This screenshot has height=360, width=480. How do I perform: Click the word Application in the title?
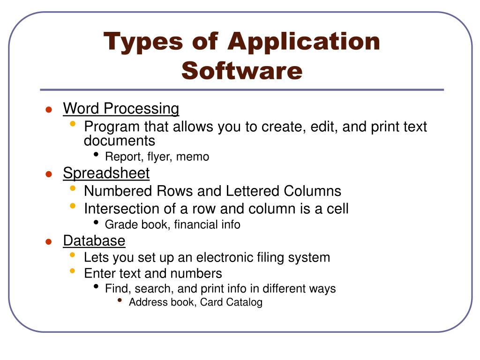coord(304,42)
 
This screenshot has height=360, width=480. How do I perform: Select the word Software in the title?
coord(242,71)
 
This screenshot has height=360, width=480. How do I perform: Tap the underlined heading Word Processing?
coord(121,109)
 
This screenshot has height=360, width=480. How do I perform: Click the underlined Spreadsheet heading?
coord(106,173)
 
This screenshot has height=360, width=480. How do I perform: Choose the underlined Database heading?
coord(94,241)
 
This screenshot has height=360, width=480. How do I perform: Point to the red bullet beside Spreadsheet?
coord(48,174)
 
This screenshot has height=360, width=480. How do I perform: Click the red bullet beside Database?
coord(48,242)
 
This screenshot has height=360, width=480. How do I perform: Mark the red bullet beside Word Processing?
coord(48,110)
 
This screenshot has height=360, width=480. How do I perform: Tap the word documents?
coord(119,141)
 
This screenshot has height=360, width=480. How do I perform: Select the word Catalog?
coord(244,302)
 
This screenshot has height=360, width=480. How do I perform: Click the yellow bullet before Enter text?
coord(72,271)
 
